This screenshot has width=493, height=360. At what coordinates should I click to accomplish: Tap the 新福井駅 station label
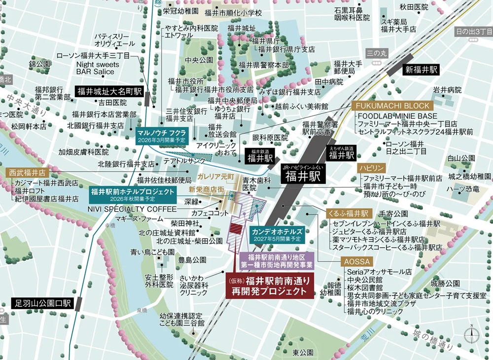(420, 70)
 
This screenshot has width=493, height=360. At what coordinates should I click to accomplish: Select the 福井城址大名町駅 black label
(108, 91)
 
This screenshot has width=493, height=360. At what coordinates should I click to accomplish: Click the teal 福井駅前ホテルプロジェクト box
(133, 194)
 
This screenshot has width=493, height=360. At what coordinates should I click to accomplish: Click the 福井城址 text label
(242, 28)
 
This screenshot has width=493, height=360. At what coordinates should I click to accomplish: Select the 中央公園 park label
(199, 60)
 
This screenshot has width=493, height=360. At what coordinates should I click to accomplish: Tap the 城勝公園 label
(445, 283)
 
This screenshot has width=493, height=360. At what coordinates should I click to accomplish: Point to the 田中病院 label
(329, 82)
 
